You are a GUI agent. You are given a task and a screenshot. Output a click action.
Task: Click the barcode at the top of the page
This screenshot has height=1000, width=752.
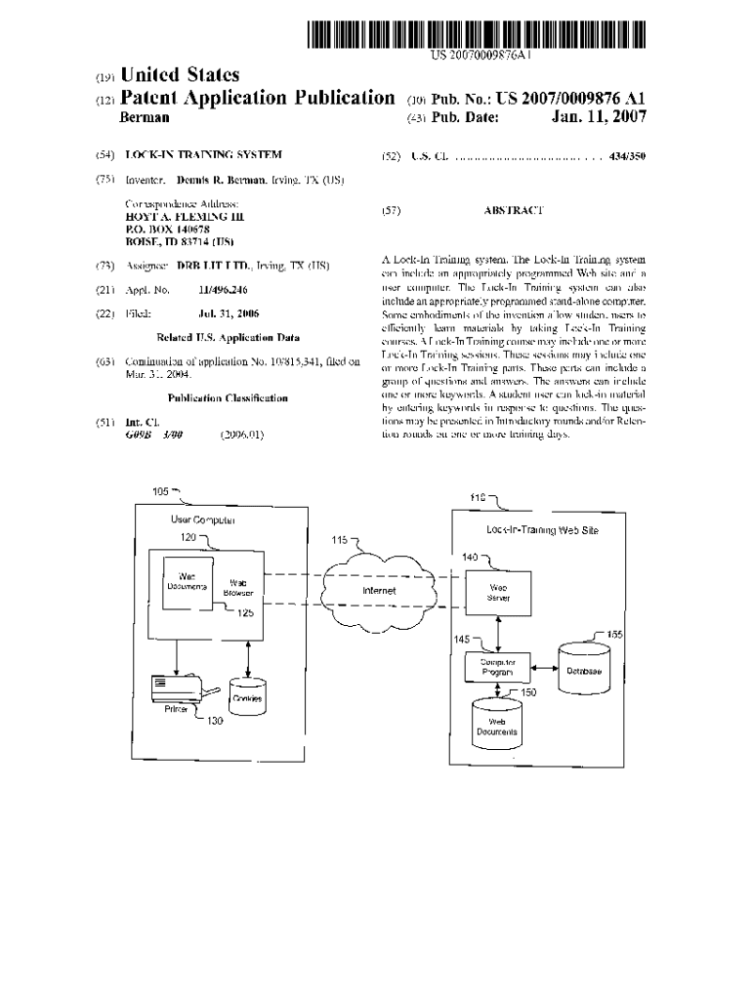478,35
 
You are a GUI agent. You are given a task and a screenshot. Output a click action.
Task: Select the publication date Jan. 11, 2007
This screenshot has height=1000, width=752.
599,118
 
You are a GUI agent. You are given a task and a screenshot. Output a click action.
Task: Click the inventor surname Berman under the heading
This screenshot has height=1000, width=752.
144,118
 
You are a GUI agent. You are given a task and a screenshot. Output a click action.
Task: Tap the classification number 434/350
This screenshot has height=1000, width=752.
624,155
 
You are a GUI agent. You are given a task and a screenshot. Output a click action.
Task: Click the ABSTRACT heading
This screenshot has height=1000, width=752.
514,210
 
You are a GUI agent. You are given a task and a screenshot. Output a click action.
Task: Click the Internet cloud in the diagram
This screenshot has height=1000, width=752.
379,591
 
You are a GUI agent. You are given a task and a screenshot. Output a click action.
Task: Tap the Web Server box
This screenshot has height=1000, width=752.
499,592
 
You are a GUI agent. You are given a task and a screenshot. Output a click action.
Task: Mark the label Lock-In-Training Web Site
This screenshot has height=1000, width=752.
542,531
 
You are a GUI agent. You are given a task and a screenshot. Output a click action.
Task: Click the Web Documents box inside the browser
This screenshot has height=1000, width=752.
188,583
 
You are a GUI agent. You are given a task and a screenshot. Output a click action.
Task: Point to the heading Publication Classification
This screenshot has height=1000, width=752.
228,398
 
